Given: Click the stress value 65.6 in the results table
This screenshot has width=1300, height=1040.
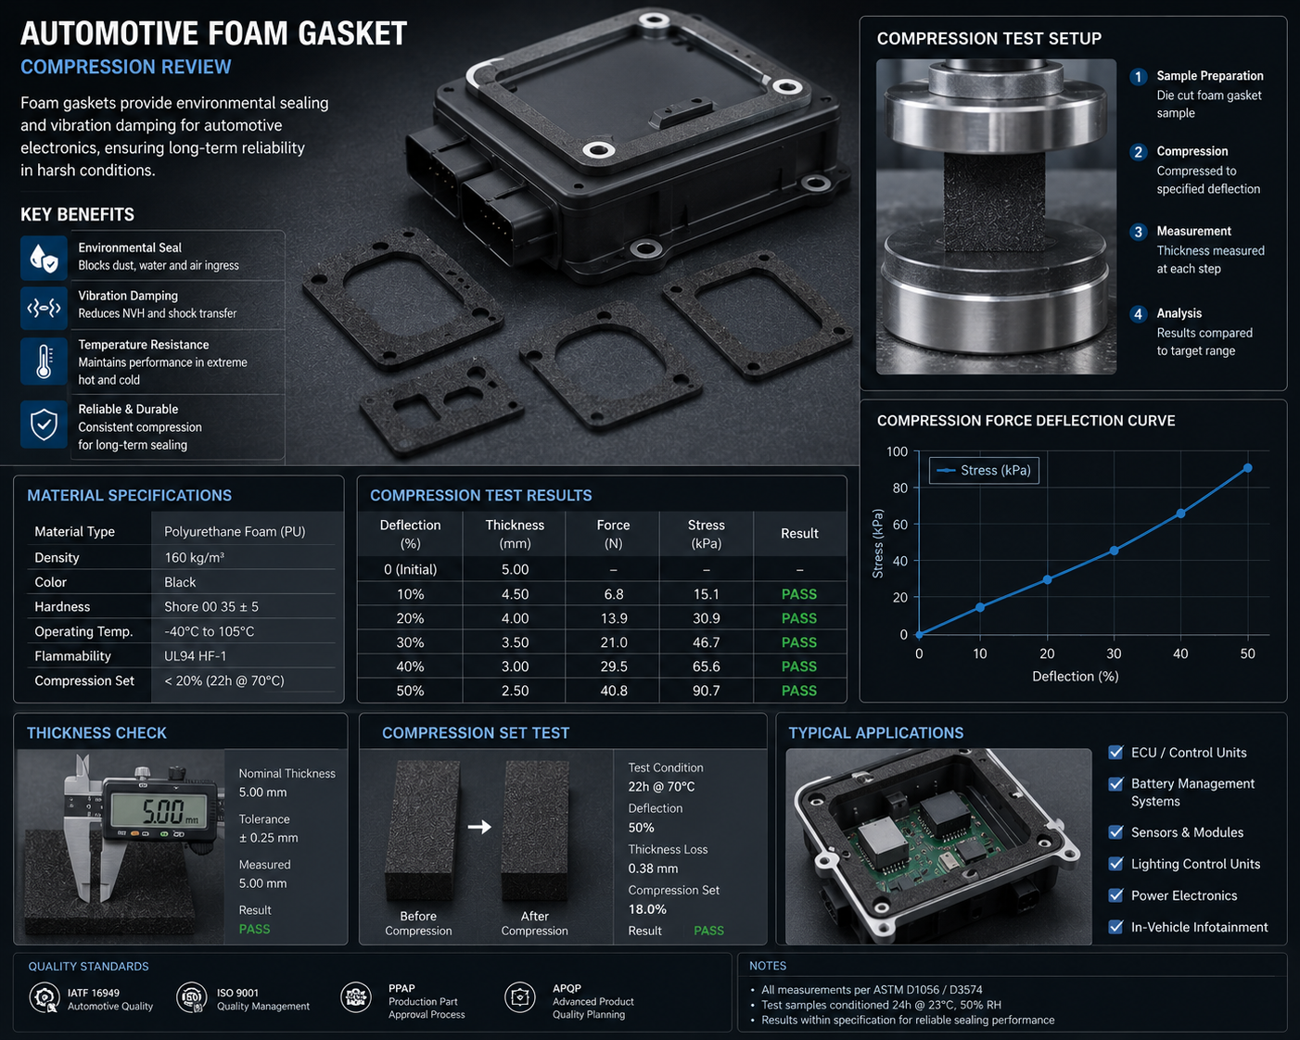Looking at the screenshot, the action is tap(706, 666).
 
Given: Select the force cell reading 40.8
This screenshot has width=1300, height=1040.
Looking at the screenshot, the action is tap(613, 691).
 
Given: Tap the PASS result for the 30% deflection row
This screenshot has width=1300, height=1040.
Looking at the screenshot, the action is tap(798, 642).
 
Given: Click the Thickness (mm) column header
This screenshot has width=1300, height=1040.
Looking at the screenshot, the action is tap(515, 534).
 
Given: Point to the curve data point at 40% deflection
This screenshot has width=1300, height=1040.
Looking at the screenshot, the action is tap(1180, 514).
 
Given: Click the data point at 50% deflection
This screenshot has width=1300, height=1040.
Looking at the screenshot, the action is tap(1247, 468).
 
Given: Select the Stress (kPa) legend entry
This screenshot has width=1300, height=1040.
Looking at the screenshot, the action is tap(984, 471).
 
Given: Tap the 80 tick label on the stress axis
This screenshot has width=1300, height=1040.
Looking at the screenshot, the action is tap(899, 488).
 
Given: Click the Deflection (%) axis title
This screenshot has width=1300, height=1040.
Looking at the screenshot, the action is tap(1076, 677).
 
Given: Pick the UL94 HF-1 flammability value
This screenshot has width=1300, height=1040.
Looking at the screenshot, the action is tap(195, 656).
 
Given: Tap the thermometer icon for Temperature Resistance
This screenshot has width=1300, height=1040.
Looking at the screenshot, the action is tap(45, 361).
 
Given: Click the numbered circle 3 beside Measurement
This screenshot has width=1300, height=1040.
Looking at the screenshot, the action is tap(1138, 232).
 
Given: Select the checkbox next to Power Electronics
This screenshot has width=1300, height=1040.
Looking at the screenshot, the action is tap(1115, 895).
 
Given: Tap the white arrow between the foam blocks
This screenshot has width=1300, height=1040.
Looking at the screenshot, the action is tap(479, 826).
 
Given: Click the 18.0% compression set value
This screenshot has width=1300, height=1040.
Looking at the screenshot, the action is tap(647, 909).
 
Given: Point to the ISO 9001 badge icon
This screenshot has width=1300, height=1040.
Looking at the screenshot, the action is tap(192, 997).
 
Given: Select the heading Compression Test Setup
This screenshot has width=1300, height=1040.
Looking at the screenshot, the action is tap(988, 39).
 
